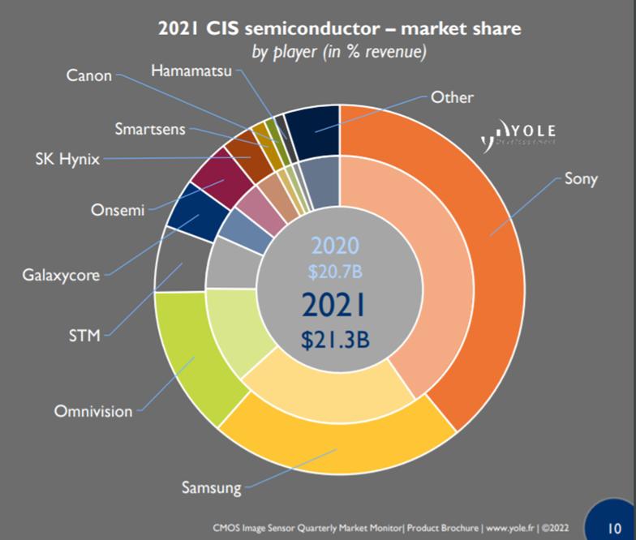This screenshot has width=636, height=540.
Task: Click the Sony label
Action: (x=581, y=179)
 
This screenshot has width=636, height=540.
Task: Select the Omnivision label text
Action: (x=92, y=411)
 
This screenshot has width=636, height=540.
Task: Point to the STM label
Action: (x=84, y=334)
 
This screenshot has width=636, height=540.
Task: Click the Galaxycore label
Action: (x=61, y=275)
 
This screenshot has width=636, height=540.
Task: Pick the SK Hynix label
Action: (x=67, y=159)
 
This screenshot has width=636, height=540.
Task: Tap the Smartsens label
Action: (x=149, y=128)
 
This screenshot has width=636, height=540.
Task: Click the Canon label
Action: (x=89, y=76)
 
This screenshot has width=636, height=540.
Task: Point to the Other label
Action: (x=452, y=97)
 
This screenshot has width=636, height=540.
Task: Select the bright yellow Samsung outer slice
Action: (x=341, y=454)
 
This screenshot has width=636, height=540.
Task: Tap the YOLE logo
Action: (x=518, y=134)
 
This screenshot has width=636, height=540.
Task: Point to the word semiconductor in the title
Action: (x=311, y=30)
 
